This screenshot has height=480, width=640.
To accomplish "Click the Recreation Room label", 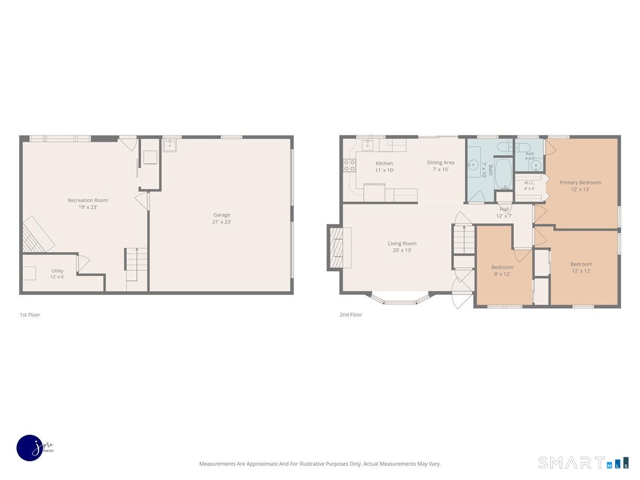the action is [x=88, y=200].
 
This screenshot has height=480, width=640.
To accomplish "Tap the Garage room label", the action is [x=221, y=215].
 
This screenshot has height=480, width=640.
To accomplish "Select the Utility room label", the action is [x=57, y=271].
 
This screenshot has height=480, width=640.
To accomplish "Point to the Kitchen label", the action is [x=385, y=163].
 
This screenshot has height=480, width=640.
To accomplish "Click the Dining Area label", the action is [x=441, y=163].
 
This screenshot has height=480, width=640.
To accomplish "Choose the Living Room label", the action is [x=402, y=243].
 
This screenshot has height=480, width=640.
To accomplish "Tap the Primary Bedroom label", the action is [x=580, y=182].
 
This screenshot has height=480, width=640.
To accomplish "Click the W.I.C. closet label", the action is [x=529, y=183].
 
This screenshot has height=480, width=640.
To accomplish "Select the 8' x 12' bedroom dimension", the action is [x=502, y=274].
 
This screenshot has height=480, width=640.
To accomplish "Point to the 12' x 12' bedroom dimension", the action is [x=581, y=271].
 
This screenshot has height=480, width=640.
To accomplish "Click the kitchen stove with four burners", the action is [x=349, y=165].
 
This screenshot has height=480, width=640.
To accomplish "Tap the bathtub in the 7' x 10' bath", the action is [x=503, y=174].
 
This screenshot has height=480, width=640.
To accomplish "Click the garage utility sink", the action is [x=170, y=146].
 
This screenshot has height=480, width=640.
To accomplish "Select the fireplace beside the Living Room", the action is [x=340, y=247].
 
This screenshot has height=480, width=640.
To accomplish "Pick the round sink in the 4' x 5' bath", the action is [x=536, y=165].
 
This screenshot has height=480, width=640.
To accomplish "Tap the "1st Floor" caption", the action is [x=30, y=315].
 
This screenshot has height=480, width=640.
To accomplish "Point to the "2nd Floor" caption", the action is [x=351, y=315].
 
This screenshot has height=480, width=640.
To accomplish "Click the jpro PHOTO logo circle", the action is [x=30, y=448].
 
